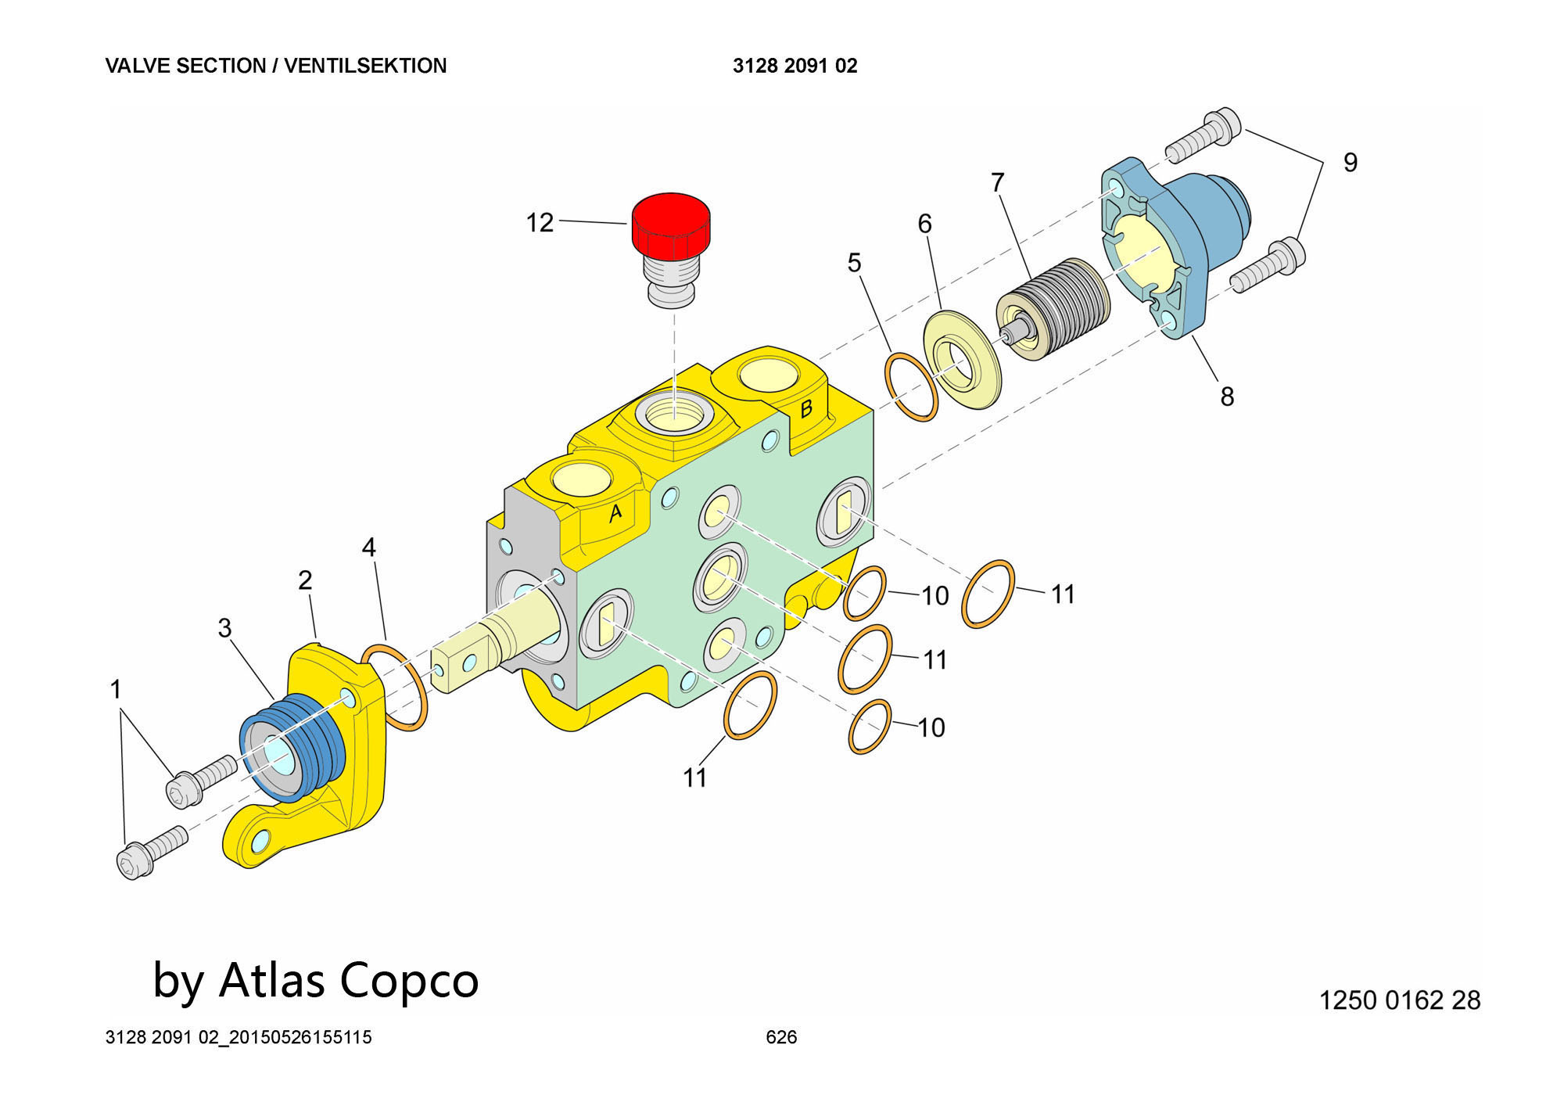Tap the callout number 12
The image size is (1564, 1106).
(x=540, y=223)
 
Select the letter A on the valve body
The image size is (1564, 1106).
(x=615, y=512)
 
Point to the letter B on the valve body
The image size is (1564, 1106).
(x=806, y=408)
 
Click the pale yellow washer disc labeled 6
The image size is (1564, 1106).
(x=962, y=360)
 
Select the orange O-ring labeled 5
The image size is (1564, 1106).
(x=911, y=388)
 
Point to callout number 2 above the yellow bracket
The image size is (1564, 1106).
(x=305, y=580)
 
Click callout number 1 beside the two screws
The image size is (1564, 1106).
(x=116, y=689)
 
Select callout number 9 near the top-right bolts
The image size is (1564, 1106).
(x=1351, y=162)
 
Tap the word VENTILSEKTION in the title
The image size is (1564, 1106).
(x=365, y=66)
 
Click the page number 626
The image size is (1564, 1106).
(x=781, y=1037)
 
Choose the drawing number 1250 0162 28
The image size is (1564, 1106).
(x=1400, y=1000)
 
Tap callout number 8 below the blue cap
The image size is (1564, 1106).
(x=1227, y=397)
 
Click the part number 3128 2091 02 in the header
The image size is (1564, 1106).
(x=795, y=66)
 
